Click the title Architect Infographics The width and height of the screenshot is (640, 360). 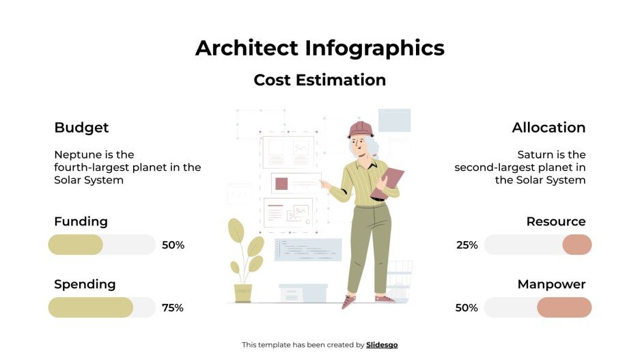click(320, 48)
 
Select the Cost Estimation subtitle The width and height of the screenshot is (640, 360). click(320, 80)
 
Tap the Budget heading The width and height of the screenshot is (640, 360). click(81, 128)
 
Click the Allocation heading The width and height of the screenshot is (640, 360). click(548, 128)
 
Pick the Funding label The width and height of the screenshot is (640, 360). click(81, 221)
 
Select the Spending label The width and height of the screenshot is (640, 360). click(85, 284)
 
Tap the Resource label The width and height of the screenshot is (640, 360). click(555, 221)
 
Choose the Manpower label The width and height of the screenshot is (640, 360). click(551, 284)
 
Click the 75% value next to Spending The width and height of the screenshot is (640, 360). click(173, 308)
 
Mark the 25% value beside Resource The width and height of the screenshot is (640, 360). click(467, 245)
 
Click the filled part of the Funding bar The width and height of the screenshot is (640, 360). click(75, 245)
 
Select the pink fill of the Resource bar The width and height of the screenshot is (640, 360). click(576, 245)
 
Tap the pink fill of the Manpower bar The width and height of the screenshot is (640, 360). click(564, 307)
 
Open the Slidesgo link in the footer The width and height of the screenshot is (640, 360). click(382, 345)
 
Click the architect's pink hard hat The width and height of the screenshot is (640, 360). click(360, 129)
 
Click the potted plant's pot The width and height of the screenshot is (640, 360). click(243, 293)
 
